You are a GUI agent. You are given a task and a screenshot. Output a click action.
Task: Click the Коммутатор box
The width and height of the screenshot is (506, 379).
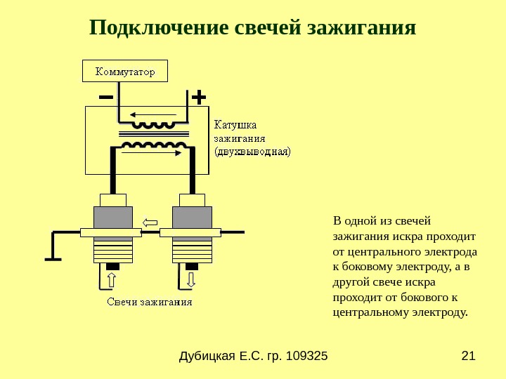point(125,71)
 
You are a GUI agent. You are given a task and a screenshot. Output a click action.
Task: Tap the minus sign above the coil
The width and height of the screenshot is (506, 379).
point(106,96)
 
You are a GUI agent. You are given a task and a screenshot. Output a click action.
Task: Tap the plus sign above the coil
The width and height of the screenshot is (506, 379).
point(198,95)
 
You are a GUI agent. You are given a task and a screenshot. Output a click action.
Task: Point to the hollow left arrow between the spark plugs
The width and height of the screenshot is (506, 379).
point(150,223)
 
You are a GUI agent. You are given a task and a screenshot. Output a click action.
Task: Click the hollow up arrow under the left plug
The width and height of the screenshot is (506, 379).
point(111,281)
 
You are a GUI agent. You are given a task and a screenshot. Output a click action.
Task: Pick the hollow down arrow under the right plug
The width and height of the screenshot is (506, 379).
point(191,280)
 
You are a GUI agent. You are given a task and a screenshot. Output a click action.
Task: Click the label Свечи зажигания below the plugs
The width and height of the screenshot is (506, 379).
point(150,302)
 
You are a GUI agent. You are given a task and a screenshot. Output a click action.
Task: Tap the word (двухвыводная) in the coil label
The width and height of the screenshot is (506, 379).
point(252,151)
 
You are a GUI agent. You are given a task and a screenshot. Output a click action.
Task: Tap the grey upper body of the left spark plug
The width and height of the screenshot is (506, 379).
point(113,217)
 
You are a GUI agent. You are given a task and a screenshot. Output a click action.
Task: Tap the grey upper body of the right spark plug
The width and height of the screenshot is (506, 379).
point(192,217)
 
